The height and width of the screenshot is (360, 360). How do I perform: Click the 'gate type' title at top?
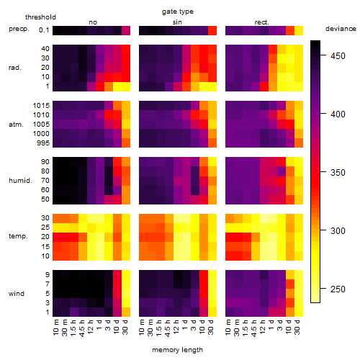[x=178, y=12]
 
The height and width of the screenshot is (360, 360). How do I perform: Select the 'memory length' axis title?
[x=177, y=350]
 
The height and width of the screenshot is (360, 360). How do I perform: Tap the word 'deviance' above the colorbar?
[x=341, y=29]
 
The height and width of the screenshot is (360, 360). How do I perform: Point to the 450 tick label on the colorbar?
[x=338, y=56]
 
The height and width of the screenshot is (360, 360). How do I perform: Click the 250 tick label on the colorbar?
[x=338, y=289]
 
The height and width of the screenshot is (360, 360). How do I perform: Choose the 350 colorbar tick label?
[x=338, y=173]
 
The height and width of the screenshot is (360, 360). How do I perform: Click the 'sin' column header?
[x=177, y=22]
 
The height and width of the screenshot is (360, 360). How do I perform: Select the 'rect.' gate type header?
[x=262, y=22]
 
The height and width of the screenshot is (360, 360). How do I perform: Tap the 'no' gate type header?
[x=93, y=22]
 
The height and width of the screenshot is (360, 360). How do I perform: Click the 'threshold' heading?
[x=40, y=17]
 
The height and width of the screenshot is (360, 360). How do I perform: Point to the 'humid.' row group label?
[x=20, y=181]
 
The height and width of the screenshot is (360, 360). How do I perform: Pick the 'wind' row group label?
[x=17, y=294]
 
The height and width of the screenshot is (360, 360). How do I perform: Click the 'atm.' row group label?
[x=16, y=125]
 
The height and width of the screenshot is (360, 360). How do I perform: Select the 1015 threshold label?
[x=41, y=106]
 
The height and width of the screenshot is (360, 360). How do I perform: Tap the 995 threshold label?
[x=43, y=143]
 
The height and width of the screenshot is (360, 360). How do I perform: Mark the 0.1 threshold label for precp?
[x=44, y=30]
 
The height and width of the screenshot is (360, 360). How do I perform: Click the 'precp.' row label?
[x=19, y=29]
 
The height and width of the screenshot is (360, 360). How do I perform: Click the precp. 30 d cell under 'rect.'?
[x=299, y=30]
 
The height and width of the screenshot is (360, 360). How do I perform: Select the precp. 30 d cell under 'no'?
[x=126, y=30]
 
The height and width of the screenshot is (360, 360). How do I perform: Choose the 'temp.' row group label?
[x=18, y=236]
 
